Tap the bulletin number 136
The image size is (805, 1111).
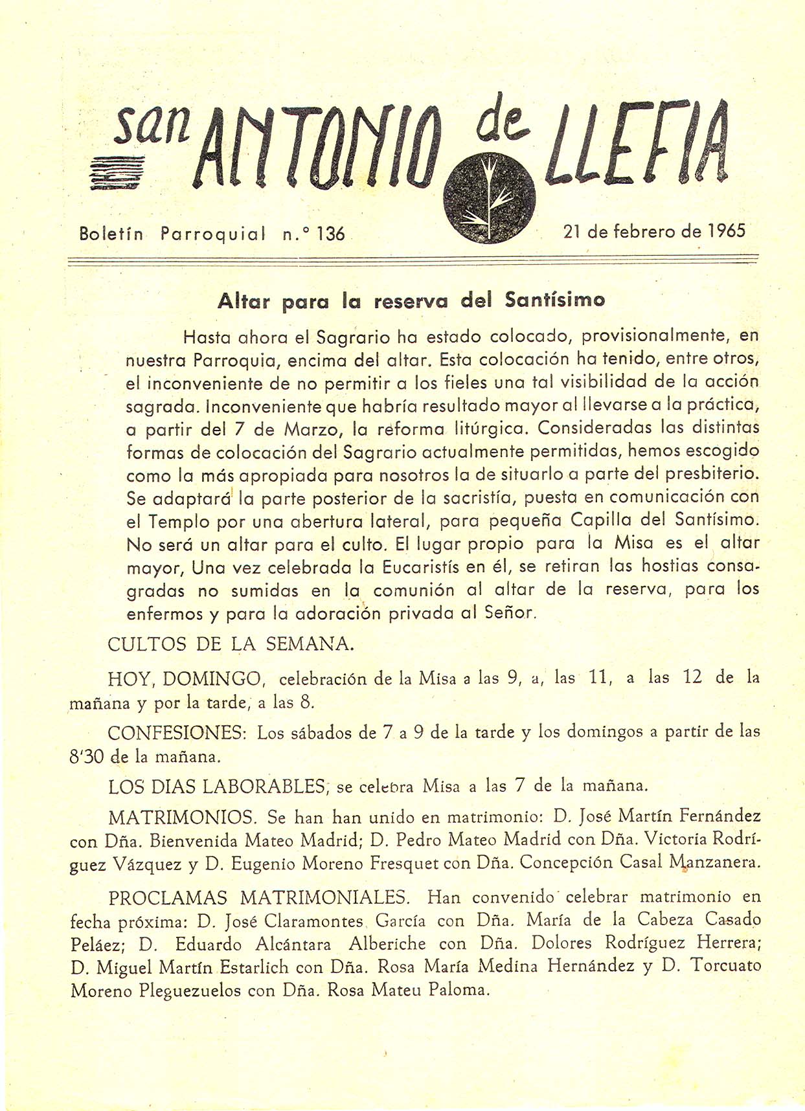(331, 233)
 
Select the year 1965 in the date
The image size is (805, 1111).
(727, 231)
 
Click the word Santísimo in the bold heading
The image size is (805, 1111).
(555, 300)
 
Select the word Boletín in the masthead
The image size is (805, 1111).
(111, 233)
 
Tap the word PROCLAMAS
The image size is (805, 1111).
(168, 898)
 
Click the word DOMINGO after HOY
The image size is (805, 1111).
(212, 679)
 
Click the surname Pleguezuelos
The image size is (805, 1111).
(190, 991)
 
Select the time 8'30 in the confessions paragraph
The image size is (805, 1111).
(87, 756)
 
